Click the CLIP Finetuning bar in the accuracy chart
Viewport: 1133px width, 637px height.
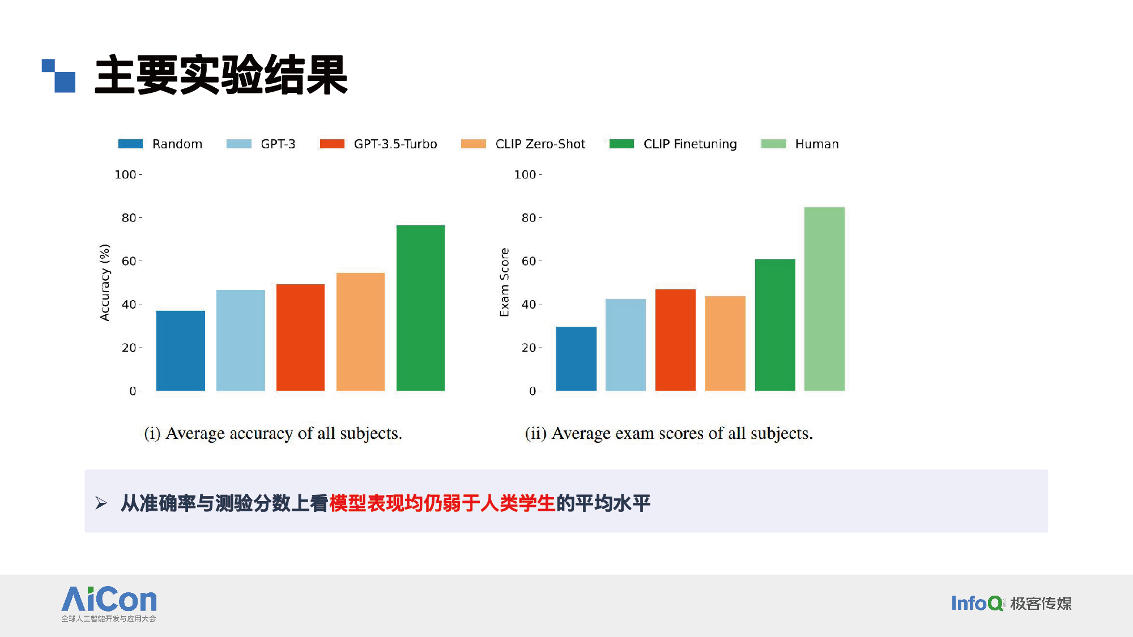click(x=420, y=308)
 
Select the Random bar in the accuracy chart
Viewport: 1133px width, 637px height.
click(x=181, y=350)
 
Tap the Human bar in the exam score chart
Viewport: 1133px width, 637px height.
click(x=824, y=299)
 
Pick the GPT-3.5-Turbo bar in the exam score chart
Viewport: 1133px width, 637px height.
click(x=675, y=340)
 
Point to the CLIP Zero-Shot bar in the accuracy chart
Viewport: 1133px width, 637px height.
click(x=360, y=332)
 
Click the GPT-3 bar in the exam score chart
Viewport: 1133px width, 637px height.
click(x=625, y=345)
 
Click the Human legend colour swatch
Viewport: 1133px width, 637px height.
click(x=773, y=144)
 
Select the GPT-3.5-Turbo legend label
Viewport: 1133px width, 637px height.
click(x=395, y=144)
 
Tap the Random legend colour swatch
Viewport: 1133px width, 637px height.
click(x=130, y=144)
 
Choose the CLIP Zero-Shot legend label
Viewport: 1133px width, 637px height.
click(x=540, y=144)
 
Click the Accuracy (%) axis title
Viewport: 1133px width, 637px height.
click(x=105, y=283)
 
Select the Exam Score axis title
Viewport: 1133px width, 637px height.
click(x=504, y=283)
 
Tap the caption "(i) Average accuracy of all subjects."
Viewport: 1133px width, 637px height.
click(x=273, y=434)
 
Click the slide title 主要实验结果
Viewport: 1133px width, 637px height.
click(x=221, y=75)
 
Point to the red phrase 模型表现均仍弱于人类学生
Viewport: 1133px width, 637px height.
click(x=442, y=503)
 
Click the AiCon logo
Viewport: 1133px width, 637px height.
click(x=109, y=604)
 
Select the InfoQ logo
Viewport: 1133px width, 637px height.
click(x=1011, y=603)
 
